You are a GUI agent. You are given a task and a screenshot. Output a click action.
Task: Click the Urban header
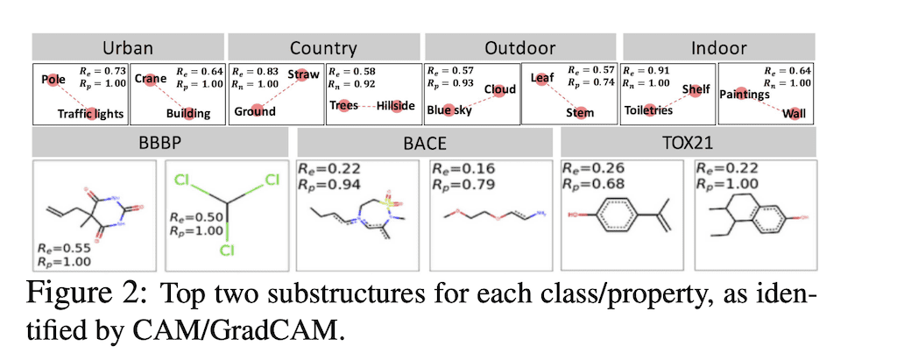[x=129, y=48]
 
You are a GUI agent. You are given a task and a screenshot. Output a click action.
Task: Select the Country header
[x=323, y=48]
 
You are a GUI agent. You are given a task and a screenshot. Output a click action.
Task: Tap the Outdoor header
[x=519, y=48]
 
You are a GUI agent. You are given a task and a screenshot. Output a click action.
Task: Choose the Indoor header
[x=717, y=48]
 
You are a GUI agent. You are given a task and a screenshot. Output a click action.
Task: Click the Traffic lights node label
[x=91, y=114]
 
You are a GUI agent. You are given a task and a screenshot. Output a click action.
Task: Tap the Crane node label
[x=151, y=79]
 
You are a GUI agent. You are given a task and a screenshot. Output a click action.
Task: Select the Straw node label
[x=303, y=75]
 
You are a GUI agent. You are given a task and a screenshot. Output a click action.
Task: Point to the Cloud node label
[x=499, y=89]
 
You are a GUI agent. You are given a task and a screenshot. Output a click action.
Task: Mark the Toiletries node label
[x=648, y=110]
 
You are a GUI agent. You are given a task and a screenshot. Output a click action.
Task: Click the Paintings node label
[x=744, y=94]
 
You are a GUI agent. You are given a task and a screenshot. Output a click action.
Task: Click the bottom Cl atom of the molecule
[x=227, y=250]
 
